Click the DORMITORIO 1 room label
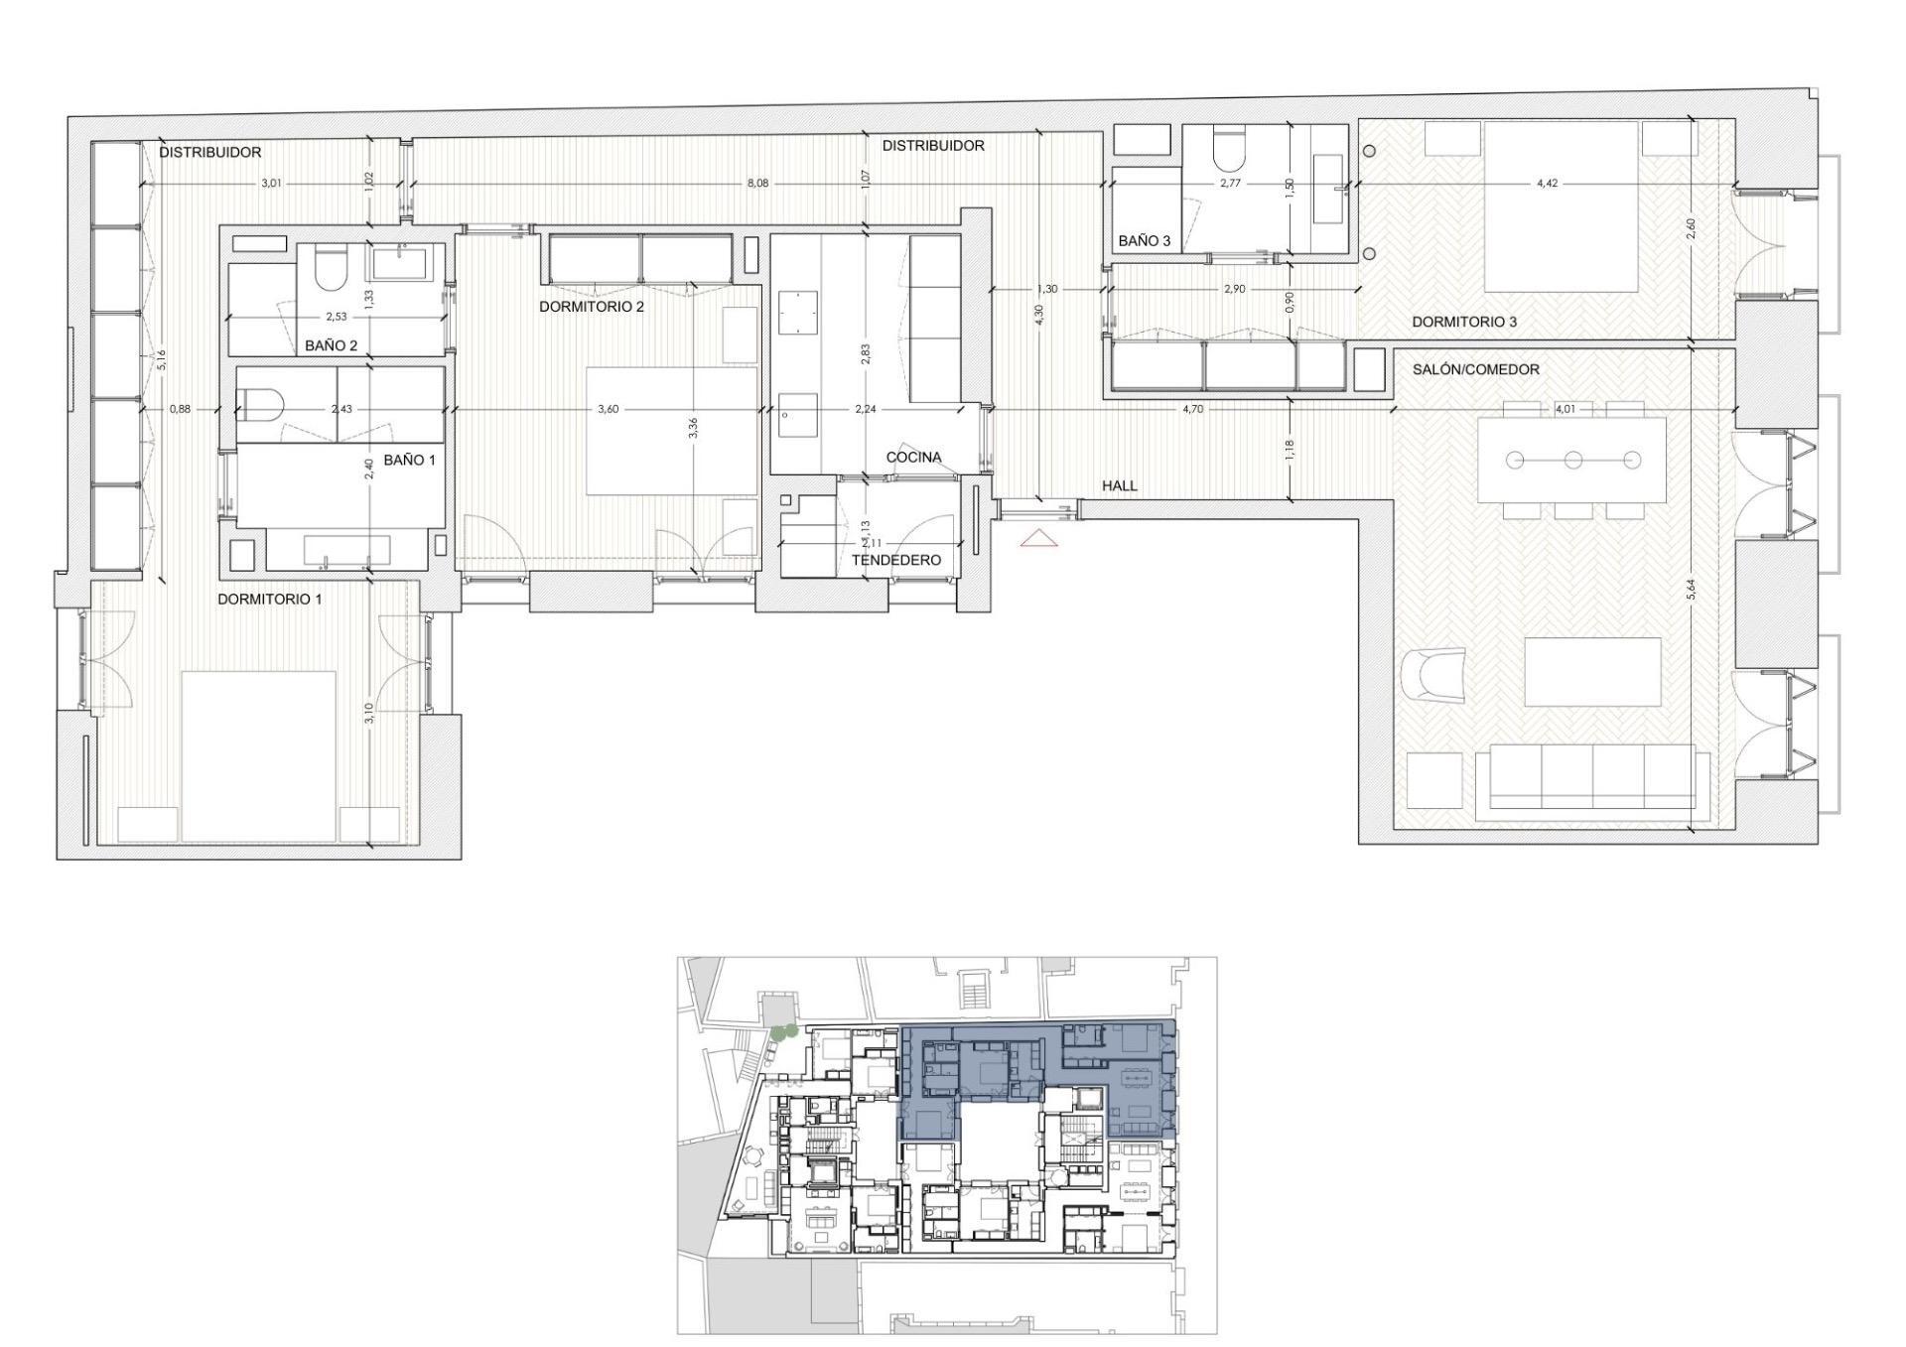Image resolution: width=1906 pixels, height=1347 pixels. (270, 600)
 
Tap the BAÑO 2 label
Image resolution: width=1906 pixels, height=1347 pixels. (331, 345)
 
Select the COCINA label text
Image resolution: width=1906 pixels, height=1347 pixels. (913, 458)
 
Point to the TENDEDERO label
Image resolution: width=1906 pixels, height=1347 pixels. (895, 561)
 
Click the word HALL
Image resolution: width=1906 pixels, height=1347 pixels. (1119, 486)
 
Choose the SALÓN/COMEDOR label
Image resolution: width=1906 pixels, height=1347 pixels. (1475, 369)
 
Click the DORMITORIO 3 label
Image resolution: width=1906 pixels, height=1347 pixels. (1464, 322)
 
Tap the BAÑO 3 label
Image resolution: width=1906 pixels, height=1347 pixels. (1144, 241)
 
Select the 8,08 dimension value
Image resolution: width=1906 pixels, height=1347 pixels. (756, 183)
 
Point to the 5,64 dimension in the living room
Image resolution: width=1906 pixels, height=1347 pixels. (1691, 590)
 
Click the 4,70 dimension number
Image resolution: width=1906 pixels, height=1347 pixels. (1192, 408)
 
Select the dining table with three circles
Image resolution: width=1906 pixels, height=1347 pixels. (1572, 460)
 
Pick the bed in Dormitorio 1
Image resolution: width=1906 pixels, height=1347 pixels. (258, 756)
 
